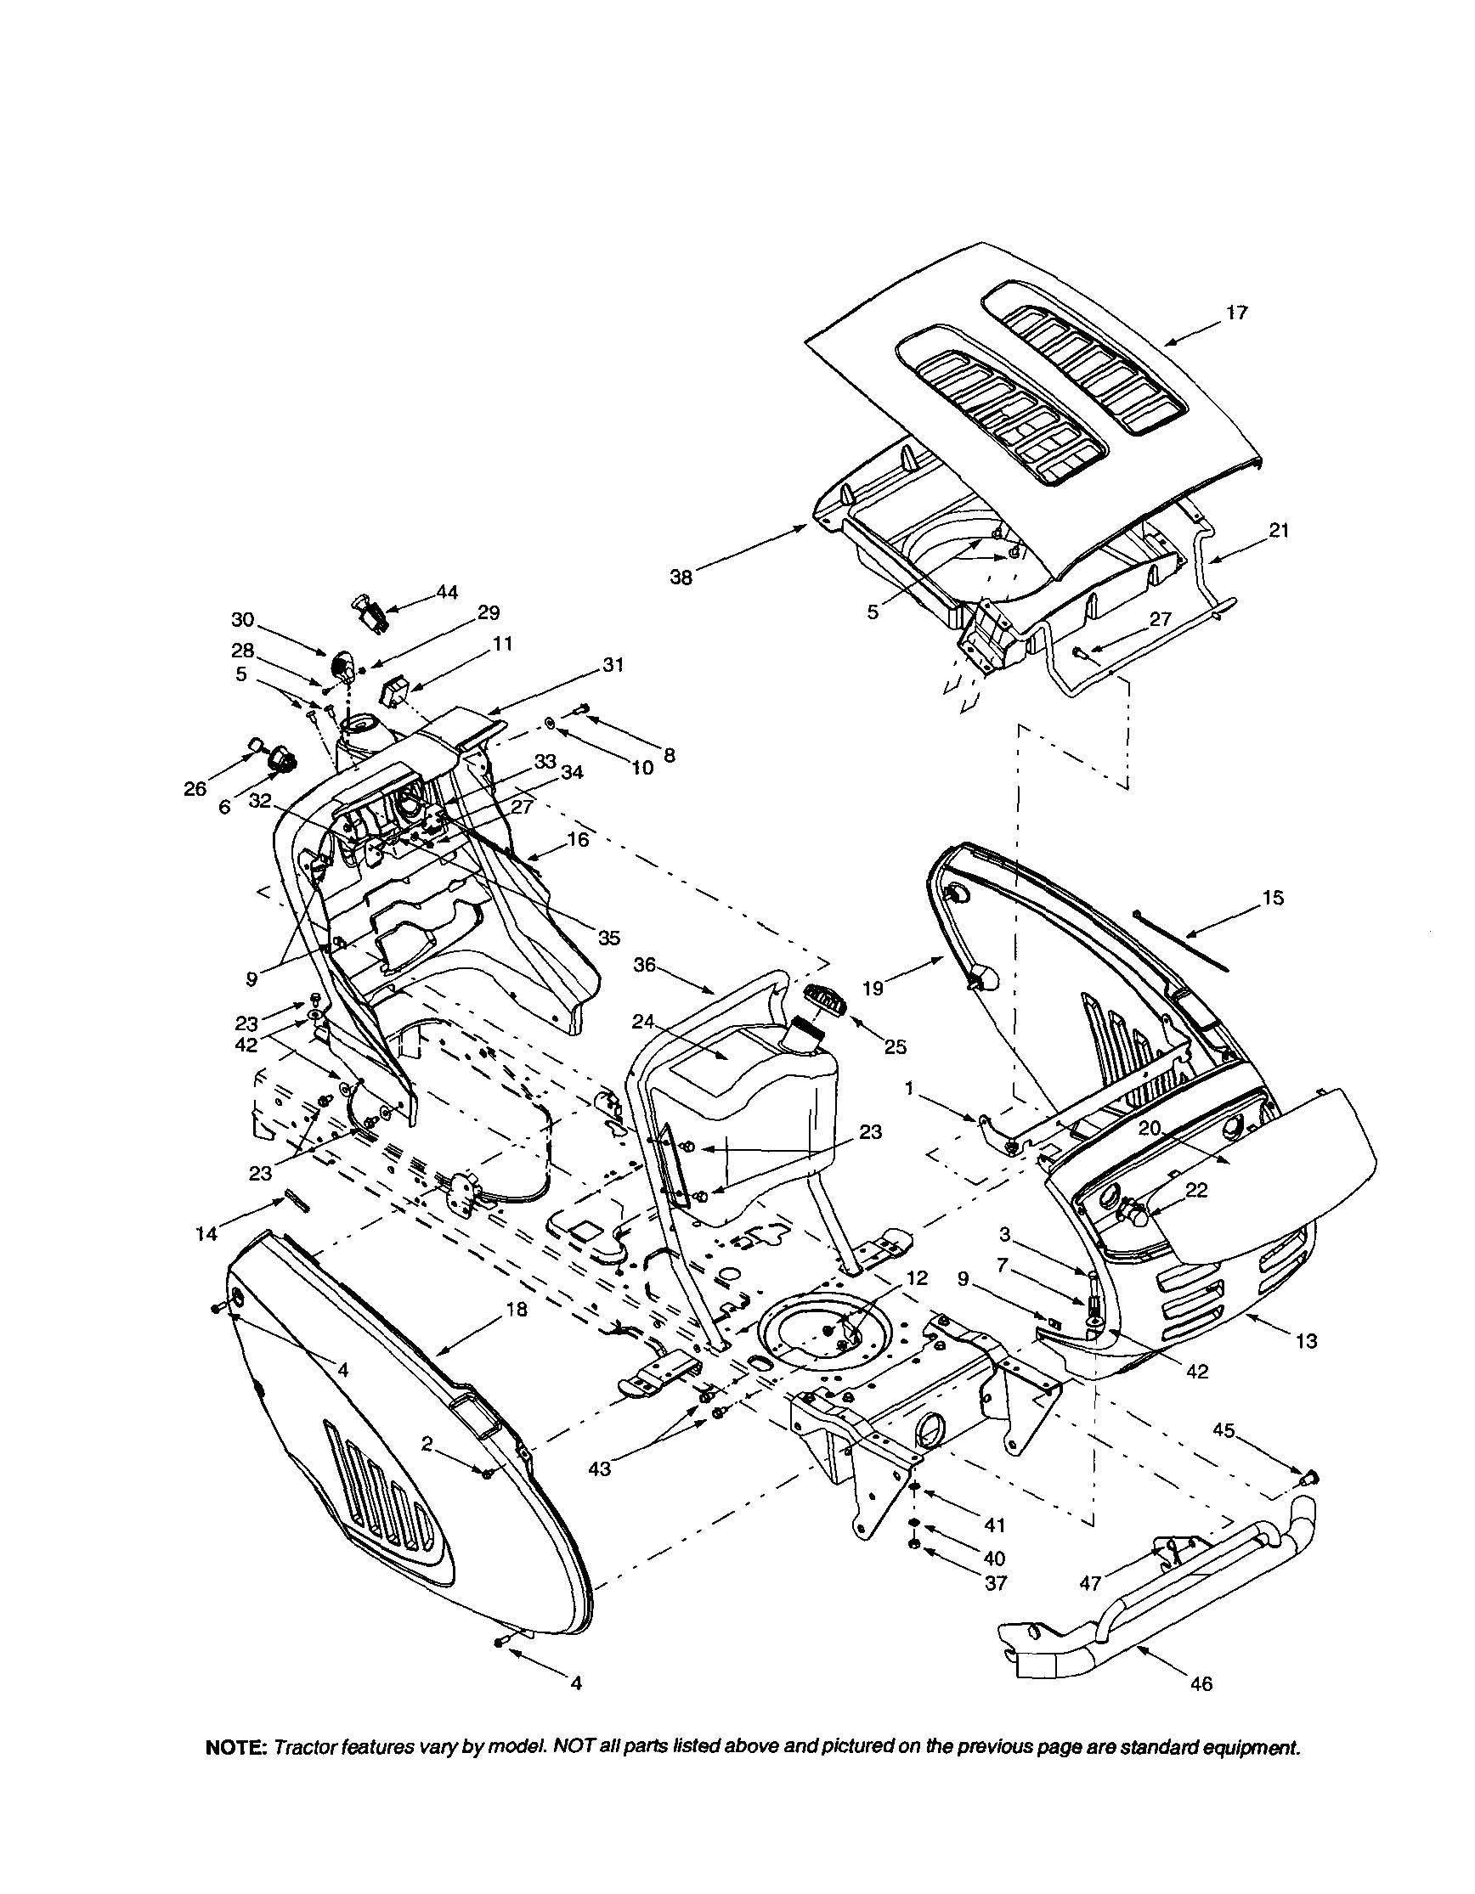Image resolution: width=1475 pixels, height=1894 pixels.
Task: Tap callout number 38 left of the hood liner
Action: click(x=681, y=577)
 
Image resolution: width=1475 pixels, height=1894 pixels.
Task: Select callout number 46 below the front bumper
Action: click(x=1201, y=1708)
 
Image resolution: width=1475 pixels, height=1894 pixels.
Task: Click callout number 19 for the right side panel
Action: click(x=872, y=988)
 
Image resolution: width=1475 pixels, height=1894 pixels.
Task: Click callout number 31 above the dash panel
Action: click(x=613, y=665)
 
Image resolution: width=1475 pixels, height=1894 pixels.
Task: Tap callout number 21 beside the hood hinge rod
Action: click(x=1279, y=530)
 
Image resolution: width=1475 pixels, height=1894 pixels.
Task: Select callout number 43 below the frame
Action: click(x=599, y=1468)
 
